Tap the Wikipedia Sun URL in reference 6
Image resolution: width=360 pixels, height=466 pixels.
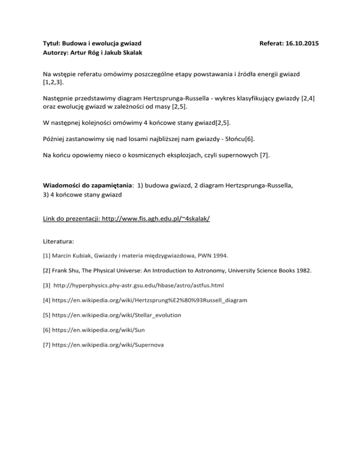(x=100, y=330)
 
